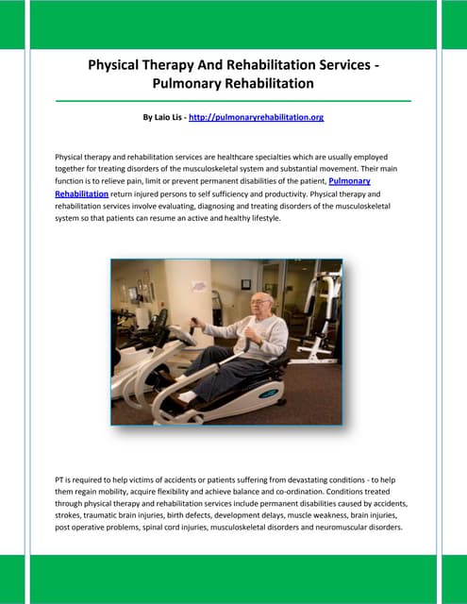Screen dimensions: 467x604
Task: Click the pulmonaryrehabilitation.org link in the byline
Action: (256, 118)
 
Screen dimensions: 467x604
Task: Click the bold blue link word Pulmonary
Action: (349, 179)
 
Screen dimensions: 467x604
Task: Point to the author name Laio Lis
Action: (165, 118)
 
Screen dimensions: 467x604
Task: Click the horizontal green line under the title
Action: (233, 100)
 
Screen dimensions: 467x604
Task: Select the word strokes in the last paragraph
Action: (73, 516)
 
